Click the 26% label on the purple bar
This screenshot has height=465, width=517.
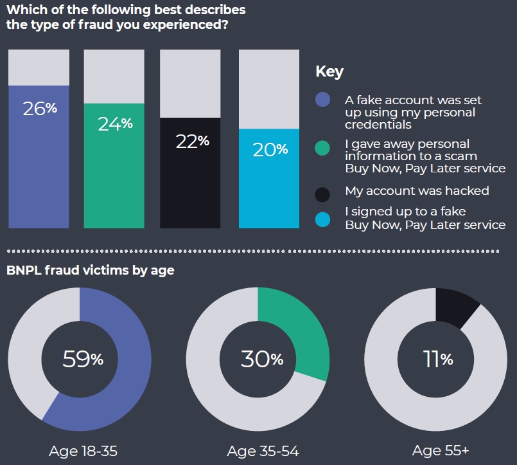click(x=39, y=108)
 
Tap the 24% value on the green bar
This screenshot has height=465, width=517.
click(x=115, y=123)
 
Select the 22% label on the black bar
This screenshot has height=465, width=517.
click(x=192, y=140)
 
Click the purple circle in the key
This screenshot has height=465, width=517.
click(x=323, y=100)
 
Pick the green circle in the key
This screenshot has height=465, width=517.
click(x=323, y=149)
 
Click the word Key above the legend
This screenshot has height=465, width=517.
click(x=329, y=71)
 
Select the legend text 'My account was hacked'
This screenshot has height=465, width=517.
click(x=417, y=191)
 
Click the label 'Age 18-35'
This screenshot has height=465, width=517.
click(x=83, y=451)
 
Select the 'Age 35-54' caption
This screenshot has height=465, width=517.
click(x=263, y=451)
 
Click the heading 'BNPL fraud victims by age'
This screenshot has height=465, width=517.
click(x=90, y=270)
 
